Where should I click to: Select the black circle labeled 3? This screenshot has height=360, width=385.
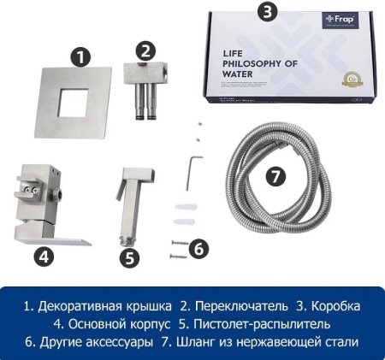click(x=269, y=12)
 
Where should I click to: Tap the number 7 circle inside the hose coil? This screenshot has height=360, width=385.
click(x=273, y=176)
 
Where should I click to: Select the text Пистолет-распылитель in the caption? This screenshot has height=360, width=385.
click(x=244, y=324)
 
